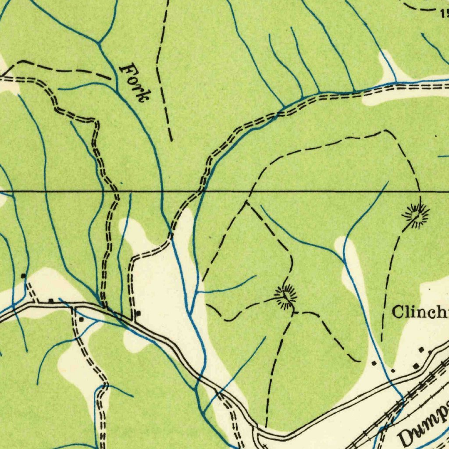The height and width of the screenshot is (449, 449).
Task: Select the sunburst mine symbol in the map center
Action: (x=285, y=297)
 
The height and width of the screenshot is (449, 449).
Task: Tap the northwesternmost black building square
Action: (x=23, y=275)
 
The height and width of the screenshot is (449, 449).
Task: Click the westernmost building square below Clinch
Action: (x=374, y=363)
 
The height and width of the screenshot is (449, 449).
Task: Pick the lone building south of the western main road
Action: (x=81, y=320)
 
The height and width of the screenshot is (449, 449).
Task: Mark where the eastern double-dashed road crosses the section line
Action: (x=200, y=192)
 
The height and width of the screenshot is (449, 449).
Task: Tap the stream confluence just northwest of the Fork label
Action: (x=99, y=42)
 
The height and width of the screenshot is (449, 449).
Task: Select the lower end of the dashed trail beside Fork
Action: (x=171, y=140)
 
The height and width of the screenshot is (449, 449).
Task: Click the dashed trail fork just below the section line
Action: (x=246, y=203)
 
